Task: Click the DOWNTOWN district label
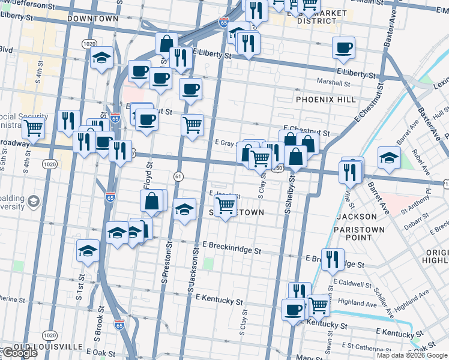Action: (x=93, y=19)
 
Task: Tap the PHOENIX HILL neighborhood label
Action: (x=323, y=99)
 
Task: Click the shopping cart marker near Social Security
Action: (x=34, y=128)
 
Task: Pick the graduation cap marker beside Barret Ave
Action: (x=389, y=158)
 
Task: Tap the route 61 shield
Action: (x=178, y=176)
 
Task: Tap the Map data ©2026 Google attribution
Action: (x=412, y=355)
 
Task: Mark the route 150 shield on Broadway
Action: (x=278, y=169)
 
